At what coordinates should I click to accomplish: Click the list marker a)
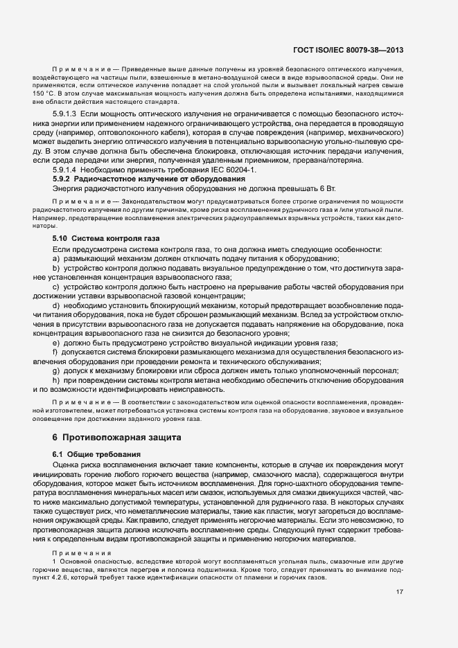tap(56, 258)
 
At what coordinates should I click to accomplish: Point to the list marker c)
tap(56, 286)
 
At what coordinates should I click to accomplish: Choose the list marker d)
tap(56, 305)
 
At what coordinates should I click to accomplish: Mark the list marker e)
tap(56, 342)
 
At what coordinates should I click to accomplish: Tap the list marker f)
tap(55, 352)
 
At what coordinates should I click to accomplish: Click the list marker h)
tap(56, 380)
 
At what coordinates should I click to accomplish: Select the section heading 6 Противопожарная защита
tap(116, 438)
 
